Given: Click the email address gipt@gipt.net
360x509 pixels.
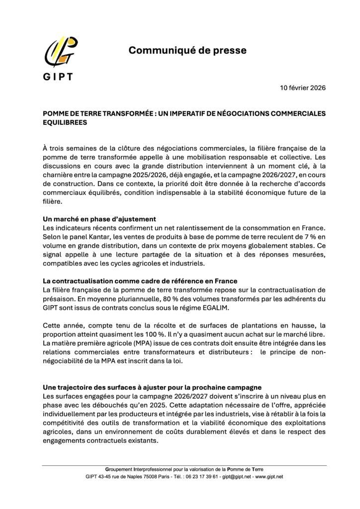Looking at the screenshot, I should [240, 477].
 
